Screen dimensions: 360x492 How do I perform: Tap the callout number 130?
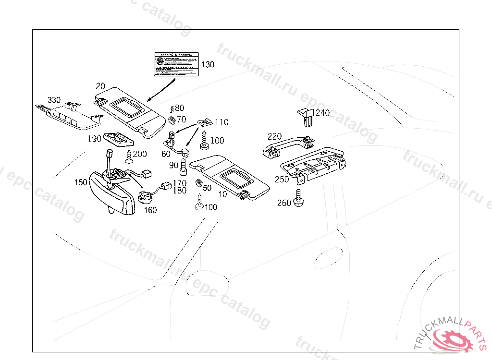pyautogui.click(x=208, y=64)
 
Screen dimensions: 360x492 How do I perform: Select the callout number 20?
pyautogui.click(x=100, y=86)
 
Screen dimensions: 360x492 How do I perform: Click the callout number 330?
pyautogui.click(x=54, y=100)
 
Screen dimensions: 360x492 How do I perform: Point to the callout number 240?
pyautogui.click(x=322, y=113)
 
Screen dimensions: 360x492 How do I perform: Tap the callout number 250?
pyautogui.click(x=282, y=180)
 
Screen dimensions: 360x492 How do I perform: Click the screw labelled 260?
pyautogui.click(x=299, y=199)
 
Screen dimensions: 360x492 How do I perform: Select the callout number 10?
pyautogui.click(x=223, y=194)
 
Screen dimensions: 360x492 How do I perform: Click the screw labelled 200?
pyautogui.click(x=129, y=156)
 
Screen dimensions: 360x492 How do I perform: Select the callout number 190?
pyautogui.click(x=95, y=139)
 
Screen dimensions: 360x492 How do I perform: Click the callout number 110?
pyautogui.click(x=221, y=122)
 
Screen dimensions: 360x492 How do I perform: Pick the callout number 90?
pyautogui.click(x=174, y=166)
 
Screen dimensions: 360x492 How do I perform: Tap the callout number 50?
pyautogui.click(x=207, y=188)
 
